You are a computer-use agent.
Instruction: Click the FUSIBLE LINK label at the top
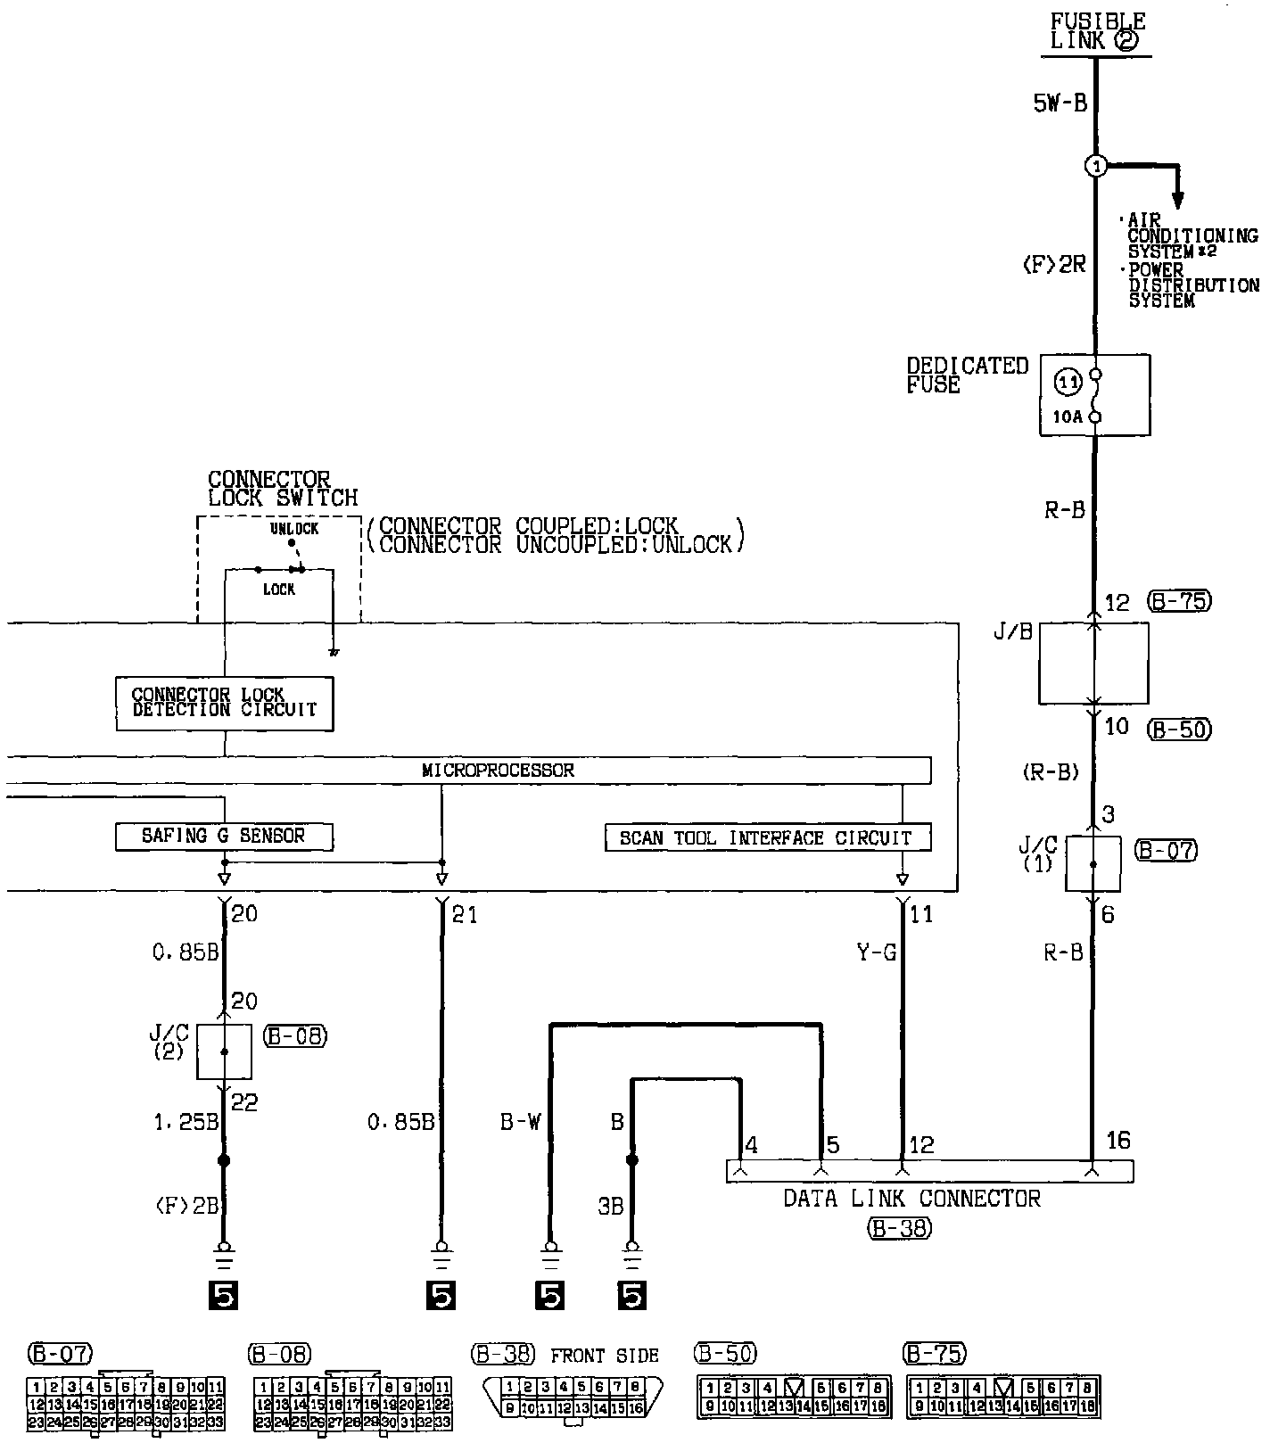[x=1097, y=31]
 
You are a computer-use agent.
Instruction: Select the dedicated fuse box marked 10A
[x=1094, y=394]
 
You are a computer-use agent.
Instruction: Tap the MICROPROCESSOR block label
[x=498, y=771]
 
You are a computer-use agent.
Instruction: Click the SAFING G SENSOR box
[x=224, y=837]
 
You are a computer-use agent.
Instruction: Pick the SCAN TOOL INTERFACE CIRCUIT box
[x=768, y=838]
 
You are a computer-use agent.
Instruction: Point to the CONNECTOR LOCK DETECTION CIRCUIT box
[x=225, y=703]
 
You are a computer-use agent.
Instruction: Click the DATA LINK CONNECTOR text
[x=911, y=1198]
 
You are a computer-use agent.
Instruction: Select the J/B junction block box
[x=1093, y=664]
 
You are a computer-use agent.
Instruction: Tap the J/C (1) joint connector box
[x=1093, y=863]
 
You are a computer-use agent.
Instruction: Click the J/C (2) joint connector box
[x=224, y=1051]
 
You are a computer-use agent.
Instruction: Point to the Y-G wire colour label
[x=876, y=953]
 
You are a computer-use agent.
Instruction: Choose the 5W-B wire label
[x=1060, y=103]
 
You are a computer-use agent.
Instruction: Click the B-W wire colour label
[x=520, y=1122]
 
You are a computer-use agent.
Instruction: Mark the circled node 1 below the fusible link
[x=1095, y=166]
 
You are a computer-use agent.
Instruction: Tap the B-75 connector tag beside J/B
[x=1178, y=601]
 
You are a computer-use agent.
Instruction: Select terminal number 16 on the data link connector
[x=1117, y=1140]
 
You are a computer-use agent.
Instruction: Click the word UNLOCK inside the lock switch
[x=294, y=529]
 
